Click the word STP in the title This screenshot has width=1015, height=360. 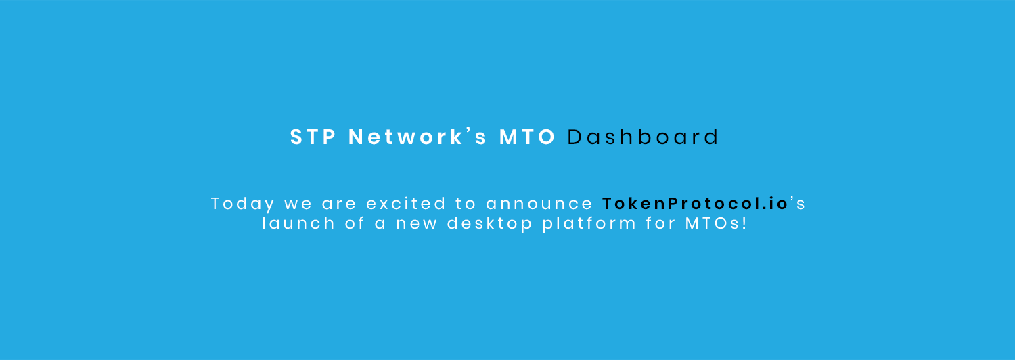pos(313,137)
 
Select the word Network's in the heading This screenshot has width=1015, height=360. pos(418,137)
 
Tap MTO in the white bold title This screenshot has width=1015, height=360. pos(527,137)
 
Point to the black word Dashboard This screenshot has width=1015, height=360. pos(643,137)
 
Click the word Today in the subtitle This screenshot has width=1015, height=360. pos(243,204)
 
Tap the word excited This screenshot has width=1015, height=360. pos(406,204)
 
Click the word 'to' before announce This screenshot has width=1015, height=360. pos(466,204)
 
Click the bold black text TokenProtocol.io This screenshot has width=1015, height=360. pos(696,204)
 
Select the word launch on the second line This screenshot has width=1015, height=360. pos(298,223)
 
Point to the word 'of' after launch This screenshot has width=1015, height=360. pos(355,223)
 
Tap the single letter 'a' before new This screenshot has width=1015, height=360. pos(380,225)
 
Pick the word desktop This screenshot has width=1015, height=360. pos(490,224)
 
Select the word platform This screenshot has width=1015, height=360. pos(589,224)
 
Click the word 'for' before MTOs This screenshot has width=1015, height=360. pos(660,223)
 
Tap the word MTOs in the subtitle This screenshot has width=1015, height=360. pos(713,223)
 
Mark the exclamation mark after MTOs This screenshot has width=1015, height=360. pos(744,223)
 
